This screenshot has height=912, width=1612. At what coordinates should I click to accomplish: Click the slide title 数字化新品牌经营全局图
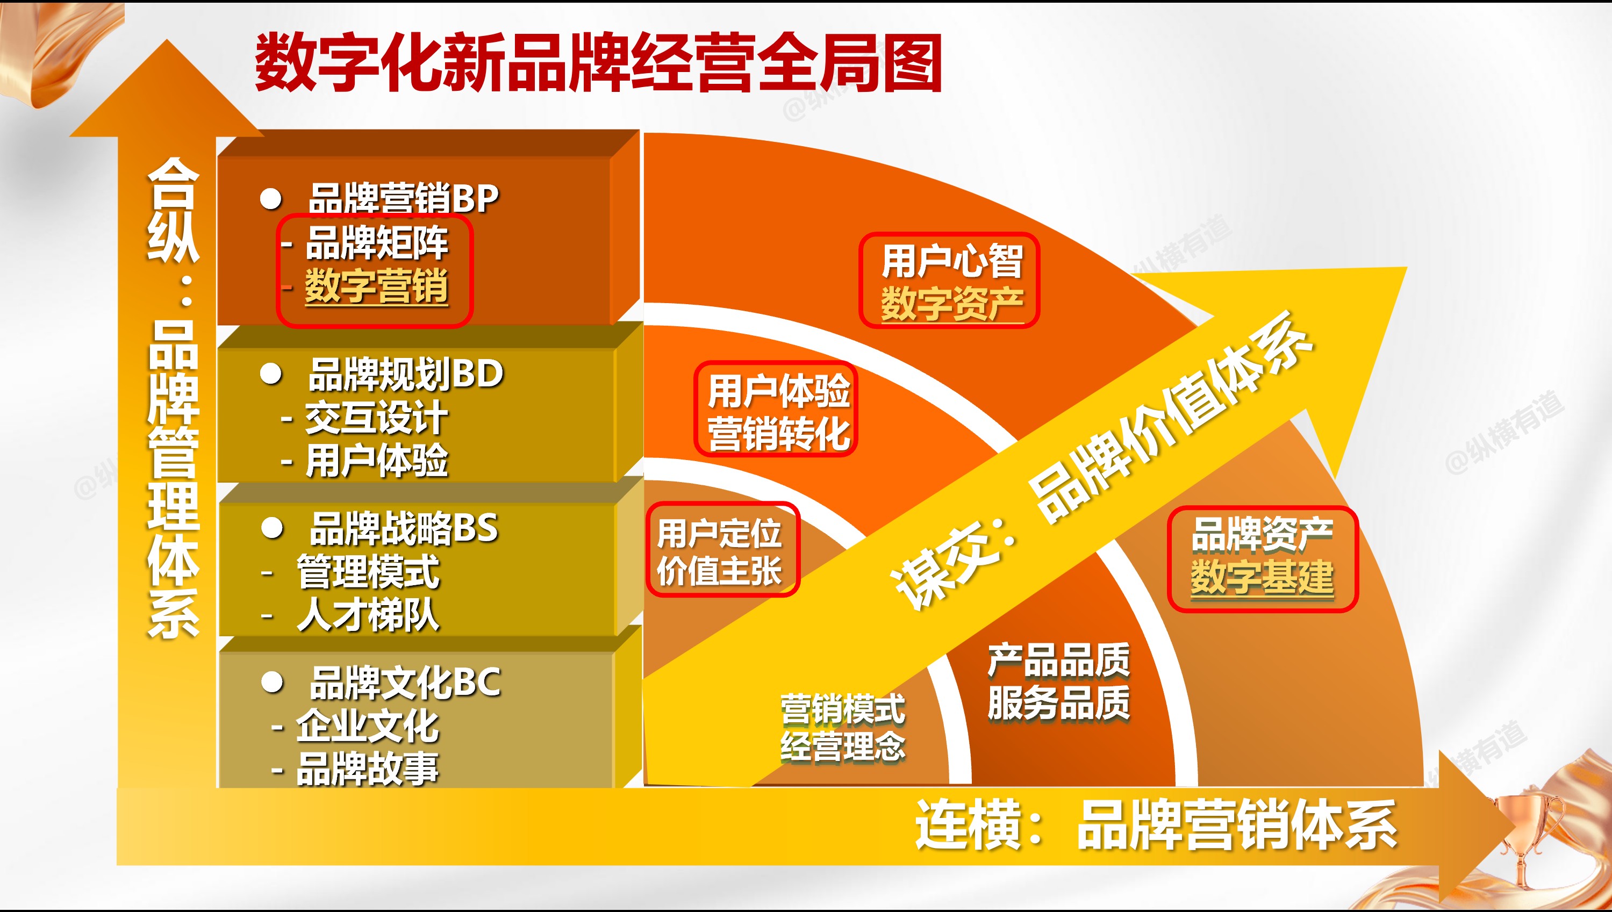[598, 63]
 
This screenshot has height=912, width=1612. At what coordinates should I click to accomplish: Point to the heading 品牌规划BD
[406, 374]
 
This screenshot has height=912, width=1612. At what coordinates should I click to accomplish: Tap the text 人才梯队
[368, 615]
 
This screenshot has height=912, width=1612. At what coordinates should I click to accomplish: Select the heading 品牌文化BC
[405, 682]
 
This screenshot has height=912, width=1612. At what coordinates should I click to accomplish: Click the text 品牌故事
[368, 769]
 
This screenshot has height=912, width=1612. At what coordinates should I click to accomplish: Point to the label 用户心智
[951, 261]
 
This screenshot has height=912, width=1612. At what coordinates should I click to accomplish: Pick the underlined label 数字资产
[951, 304]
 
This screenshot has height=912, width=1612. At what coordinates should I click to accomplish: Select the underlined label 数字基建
[1262, 577]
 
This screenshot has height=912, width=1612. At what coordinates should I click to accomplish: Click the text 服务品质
[1059, 703]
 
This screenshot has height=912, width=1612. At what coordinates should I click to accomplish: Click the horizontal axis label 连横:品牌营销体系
[1156, 825]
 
